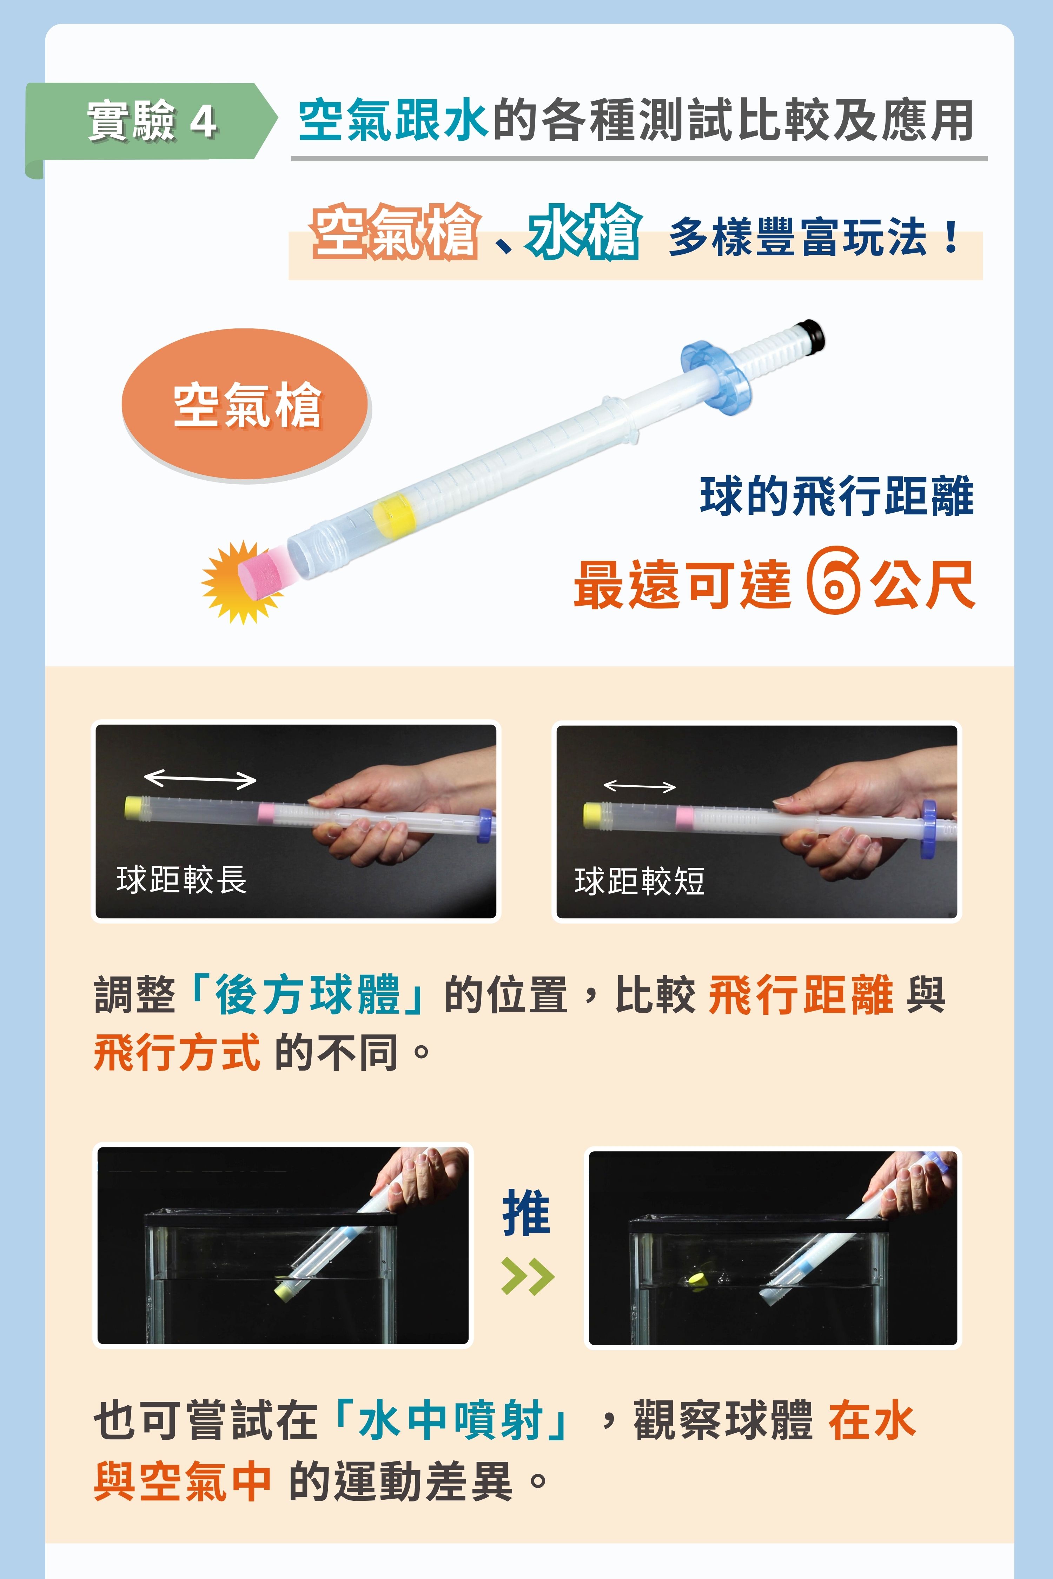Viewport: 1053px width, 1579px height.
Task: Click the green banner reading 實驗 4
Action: click(151, 121)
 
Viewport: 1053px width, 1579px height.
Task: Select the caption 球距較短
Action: click(639, 881)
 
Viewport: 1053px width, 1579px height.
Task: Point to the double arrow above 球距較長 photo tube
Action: click(200, 779)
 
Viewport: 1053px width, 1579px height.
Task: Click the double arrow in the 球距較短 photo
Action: click(639, 786)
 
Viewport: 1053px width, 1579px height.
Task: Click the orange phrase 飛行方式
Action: click(177, 1052)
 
